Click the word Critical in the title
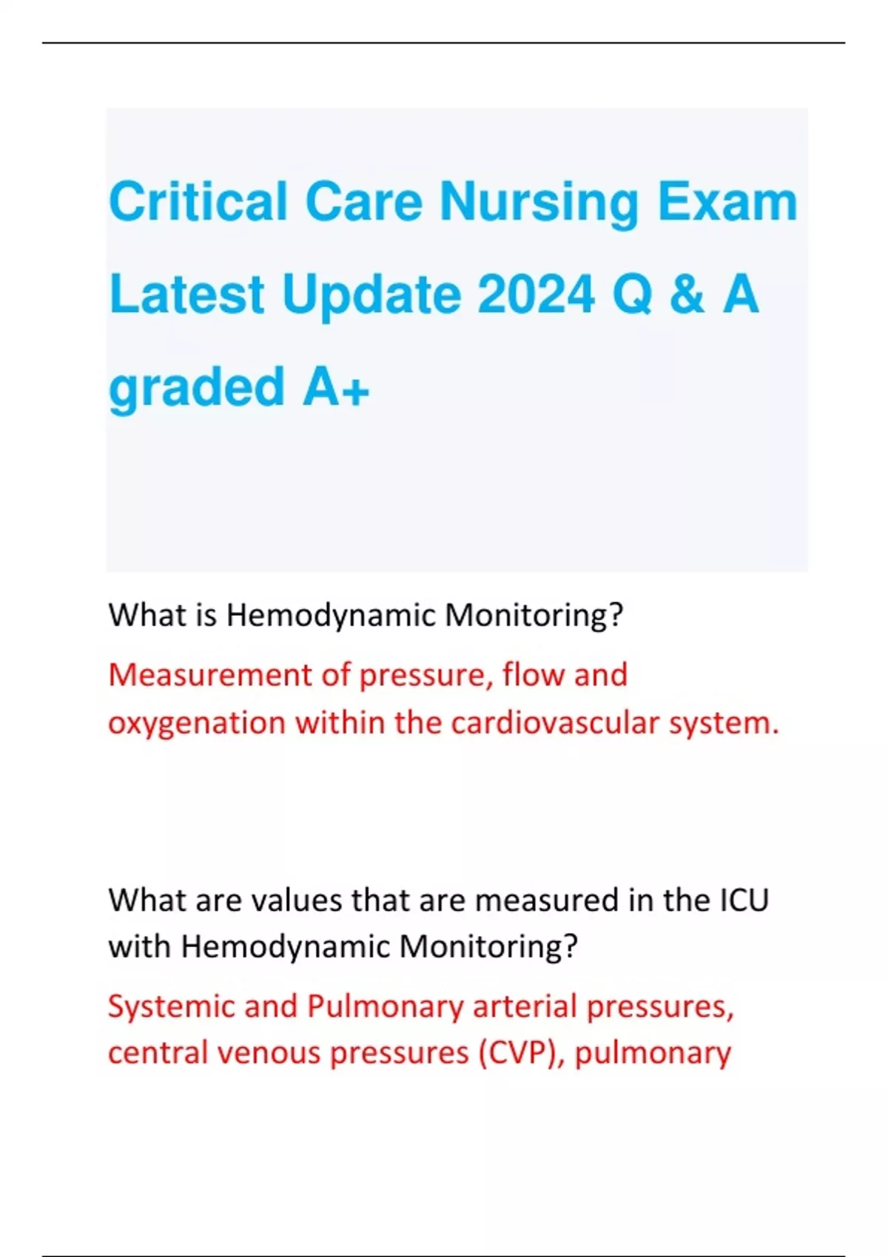[x=198, y=202]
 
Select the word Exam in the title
[x=727, y=202]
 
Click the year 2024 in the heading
[x=536, y=294]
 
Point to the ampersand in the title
[x=686, y=294]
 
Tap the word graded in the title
[x=196, y=387]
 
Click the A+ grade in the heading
[x=335, y=387]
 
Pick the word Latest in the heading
[x=186, y=294]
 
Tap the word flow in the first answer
[x=528, y=674]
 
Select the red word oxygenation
[x=197, y=723]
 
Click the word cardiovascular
[x=554, y=722]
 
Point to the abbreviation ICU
[x=744, y=900]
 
